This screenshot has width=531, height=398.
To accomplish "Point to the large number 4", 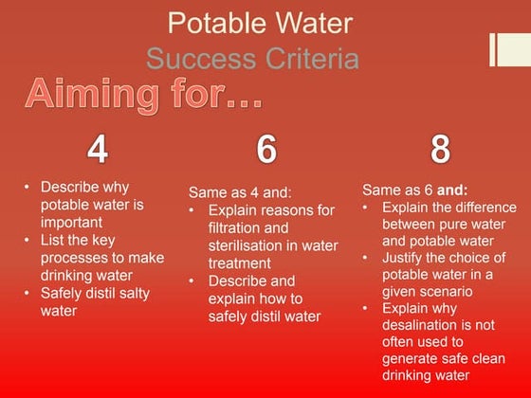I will point(98,149).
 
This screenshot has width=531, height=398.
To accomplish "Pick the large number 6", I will point(266,149).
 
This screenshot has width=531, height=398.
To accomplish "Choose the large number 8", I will point(440,149).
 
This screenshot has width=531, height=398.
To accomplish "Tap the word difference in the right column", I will point(483,207).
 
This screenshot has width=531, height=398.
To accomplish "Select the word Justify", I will point(408,259).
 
